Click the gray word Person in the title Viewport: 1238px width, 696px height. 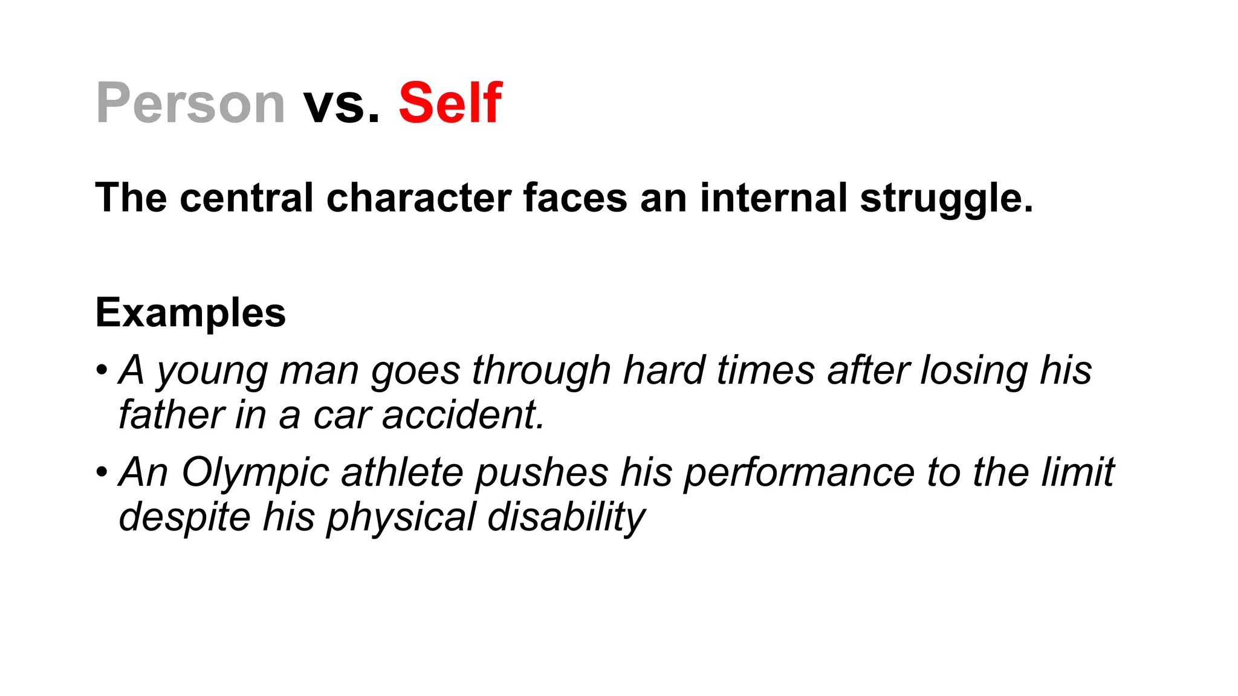[x=190, y=103]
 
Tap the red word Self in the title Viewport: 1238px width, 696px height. [x=450, y=103]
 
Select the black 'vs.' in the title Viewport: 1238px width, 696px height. [x=342, y=103]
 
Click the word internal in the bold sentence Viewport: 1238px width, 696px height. [x=774, y=198]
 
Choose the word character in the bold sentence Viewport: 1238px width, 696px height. [x=418, y=198]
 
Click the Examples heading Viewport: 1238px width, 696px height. [x=190, y=313]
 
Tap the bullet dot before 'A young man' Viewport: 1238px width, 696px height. [x=102, y=369]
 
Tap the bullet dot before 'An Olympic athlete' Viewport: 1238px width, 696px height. [x=102, y=471]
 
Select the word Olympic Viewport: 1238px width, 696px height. [x=254, y=472]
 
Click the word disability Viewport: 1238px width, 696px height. [x=566, y=517]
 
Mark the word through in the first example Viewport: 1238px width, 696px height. [x=541, y=370]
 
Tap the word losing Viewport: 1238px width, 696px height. [x=973, y=370]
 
